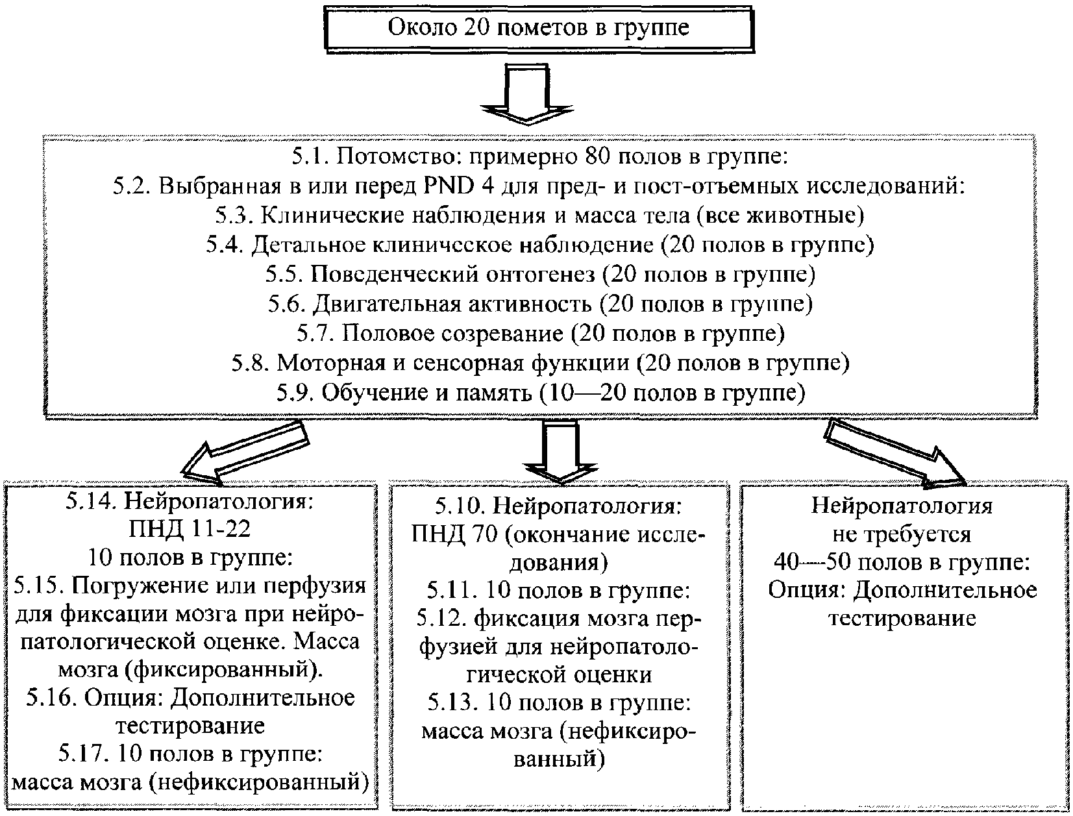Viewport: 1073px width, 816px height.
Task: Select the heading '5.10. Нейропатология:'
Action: (558, 505)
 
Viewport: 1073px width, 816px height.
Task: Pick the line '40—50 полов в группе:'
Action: (902, 562)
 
